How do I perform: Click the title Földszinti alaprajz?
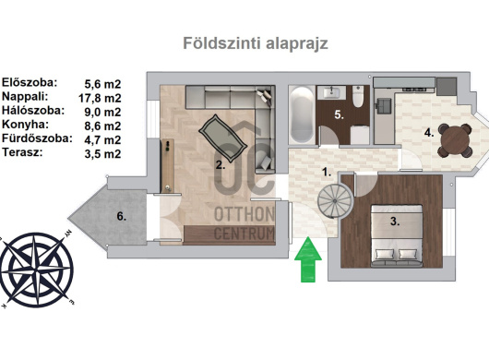[256, 43]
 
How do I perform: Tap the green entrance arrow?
[308, 259]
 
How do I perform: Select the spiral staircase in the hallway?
[335, 200]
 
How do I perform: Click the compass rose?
[37, 270]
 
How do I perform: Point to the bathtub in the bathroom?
[302, 114]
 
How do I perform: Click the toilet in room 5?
[358, 96]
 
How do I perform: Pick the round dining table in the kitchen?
[455, 140]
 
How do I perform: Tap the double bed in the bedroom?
[397, 235]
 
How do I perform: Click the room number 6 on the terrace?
[121, 216]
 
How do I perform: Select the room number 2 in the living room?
[221, 165]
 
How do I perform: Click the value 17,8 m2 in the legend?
[100, 98]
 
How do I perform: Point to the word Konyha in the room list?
[25, 125]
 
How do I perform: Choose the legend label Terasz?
[22, 152]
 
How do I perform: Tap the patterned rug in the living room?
[223, 138]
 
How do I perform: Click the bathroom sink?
[331, 92]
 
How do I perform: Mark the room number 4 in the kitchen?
[429, 133]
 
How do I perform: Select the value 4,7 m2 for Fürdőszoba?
[102, 140]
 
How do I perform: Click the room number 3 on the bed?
[395, 222]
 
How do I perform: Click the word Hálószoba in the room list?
[33, 111]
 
